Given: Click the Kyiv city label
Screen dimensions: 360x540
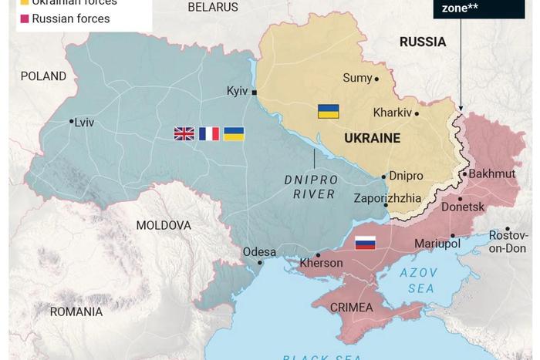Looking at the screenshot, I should [237, 91].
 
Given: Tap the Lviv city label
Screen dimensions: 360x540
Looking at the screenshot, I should [84, 122].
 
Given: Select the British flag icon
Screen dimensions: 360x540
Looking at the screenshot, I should [184, 133].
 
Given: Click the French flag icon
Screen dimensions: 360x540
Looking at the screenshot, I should [209, 133].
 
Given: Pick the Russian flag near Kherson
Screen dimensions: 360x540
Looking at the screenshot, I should [365, 243].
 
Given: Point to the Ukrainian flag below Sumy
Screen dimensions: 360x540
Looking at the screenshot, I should [328, 111].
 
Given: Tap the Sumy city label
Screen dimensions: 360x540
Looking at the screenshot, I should [357, 78].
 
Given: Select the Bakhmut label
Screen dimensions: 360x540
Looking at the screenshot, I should [491, 173].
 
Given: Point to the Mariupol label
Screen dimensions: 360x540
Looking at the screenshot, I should [437, 244].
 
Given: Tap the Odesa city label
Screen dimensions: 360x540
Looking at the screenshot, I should [259, 251].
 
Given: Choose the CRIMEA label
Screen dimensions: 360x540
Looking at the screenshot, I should [351, 308].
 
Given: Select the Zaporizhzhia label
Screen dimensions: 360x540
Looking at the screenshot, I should [388, 197].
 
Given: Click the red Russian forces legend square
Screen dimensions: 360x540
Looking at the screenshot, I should [25, 19].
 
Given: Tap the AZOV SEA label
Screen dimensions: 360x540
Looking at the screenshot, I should [419, 281].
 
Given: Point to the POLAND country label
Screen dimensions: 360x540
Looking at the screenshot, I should [43, 76].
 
